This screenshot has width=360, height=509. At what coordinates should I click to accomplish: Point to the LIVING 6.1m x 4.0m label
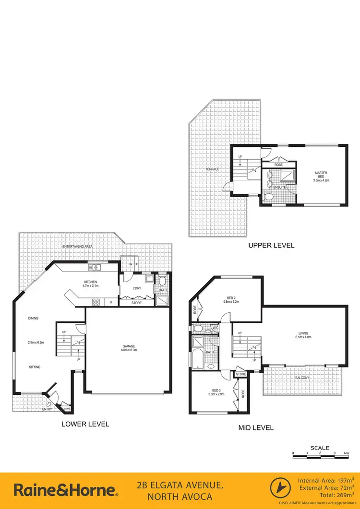(303, 335)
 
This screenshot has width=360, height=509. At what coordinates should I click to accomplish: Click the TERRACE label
(212, 169)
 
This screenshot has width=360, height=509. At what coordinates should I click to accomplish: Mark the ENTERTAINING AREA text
(77, 246)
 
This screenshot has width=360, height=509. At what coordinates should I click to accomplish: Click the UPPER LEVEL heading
(271, 245)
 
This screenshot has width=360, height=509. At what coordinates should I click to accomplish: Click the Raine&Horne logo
(65, 490)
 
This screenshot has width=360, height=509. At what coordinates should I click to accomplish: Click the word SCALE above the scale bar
(319, 448)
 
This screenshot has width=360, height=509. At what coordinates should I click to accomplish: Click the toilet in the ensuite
(269, 197)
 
